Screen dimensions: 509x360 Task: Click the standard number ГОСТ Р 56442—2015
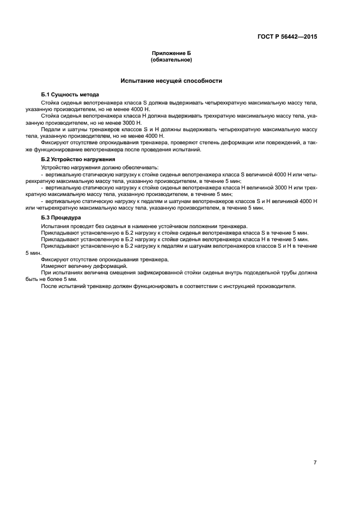click(x=287, y=38)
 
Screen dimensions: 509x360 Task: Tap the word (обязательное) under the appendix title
click(x=171, y=60)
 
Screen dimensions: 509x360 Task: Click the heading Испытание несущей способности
click(x=171, y=81)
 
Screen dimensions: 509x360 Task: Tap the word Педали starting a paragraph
click(x=50, y=130)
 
